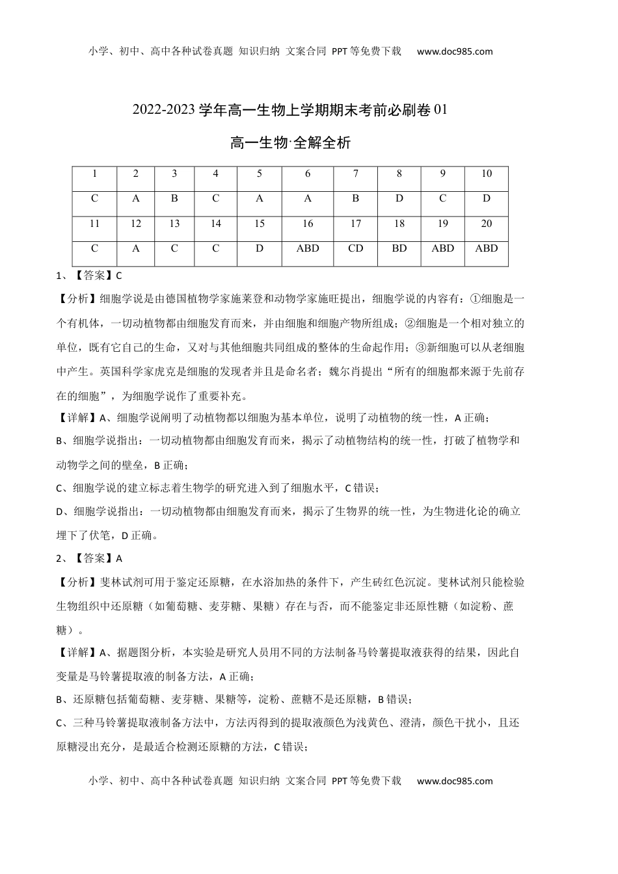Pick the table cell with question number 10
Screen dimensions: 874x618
pos(486,174)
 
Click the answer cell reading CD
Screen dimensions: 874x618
pos(356,248)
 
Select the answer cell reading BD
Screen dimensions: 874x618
pos(399,248)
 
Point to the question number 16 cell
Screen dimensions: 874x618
pos(308,224)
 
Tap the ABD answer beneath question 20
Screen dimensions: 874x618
pos(486,248)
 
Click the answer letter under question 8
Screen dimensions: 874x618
pos(399,199)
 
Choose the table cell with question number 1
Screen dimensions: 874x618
pos(94,174)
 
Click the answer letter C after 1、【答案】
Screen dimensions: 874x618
pos(119,276)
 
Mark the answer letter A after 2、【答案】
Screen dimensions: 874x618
pos(119,558)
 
